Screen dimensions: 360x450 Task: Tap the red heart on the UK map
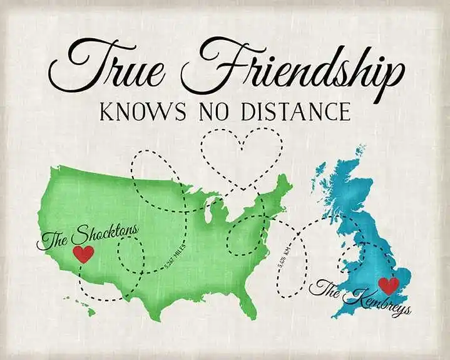(x=389, y=285)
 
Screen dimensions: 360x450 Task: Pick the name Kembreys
(x=375, y=301)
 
